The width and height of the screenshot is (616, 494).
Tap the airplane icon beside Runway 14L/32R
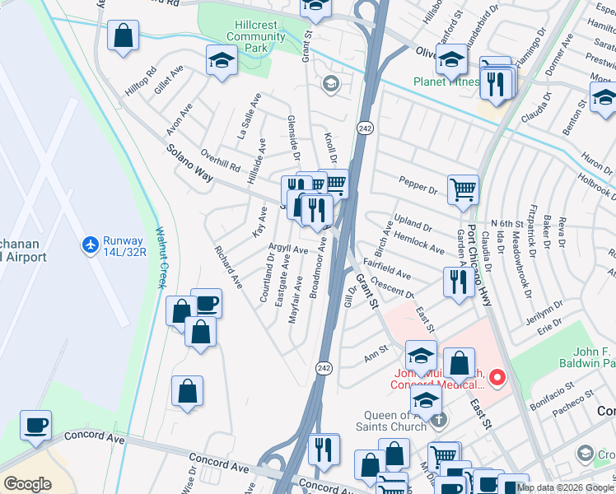tap(90, 245)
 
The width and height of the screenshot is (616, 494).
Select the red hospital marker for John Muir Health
tap(497, 378)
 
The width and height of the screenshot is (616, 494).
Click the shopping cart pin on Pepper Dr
tap(464, 189)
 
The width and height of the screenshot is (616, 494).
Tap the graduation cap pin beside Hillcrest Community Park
tap(221, 61)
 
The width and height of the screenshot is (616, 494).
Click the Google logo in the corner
tap(27, 483)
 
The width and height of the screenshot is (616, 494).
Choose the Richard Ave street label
tap(228, 267)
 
